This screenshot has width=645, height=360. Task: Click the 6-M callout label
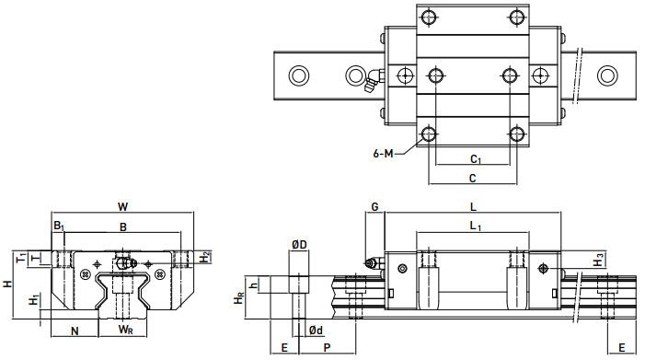click(384, 154)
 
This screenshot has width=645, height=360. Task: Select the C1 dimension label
click(476, 158)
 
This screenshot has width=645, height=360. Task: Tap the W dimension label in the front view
click(122, 206)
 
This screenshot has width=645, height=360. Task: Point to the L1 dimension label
click(475, 226)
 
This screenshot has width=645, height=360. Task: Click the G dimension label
click(374, 206)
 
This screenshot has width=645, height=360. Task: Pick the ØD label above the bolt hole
click(299, 245)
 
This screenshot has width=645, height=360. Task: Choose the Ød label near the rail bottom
click(316, 330)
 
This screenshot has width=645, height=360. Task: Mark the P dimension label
click(327, 348)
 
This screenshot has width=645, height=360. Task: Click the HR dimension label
click(238, 298)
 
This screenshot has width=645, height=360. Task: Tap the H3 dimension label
click(598, 261)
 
